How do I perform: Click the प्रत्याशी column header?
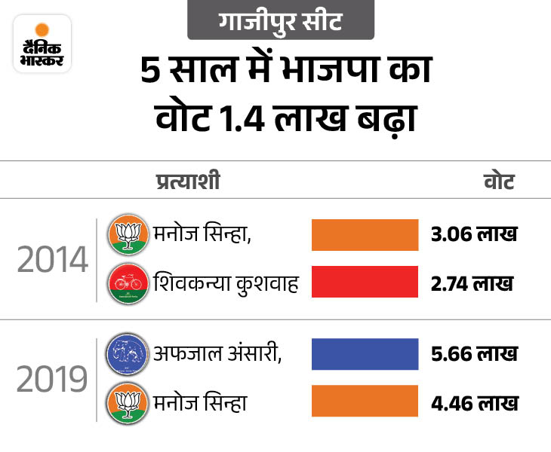tap(188, 182)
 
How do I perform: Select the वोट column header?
tap(498, 182)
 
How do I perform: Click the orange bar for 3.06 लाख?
tap(365, 234)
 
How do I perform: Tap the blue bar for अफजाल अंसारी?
tap(365, 354)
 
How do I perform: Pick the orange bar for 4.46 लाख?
tap(365, 402)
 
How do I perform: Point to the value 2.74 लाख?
tap(470, 283)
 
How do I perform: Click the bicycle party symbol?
tap(127, 283)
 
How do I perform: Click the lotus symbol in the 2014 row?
tap(127, 235)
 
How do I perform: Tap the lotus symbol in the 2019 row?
tap(127, 402)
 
